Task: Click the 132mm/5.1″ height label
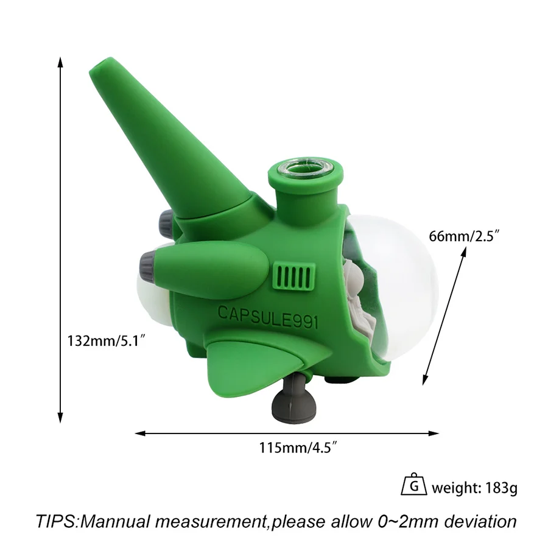106,340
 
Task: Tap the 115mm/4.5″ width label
298,448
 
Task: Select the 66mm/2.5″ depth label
463,236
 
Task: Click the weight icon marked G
414,485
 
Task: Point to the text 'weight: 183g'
474,488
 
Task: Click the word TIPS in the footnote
56,521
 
